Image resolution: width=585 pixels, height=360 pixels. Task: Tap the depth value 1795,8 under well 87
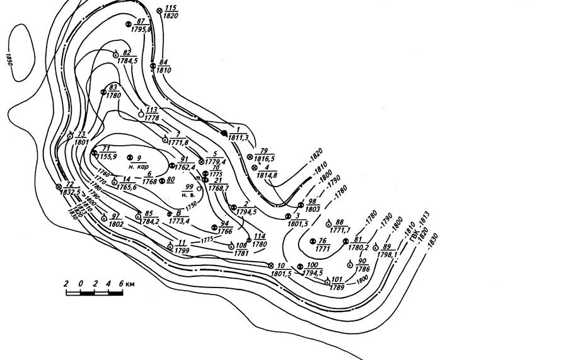pos(142,29)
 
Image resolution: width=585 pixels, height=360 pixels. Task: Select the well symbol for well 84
pos(153,65)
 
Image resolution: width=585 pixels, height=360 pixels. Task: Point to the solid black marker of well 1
pos(223,132)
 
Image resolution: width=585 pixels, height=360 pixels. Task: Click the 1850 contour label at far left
pos(9,60)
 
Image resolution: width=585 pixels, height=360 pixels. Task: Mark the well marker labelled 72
pos(59,187)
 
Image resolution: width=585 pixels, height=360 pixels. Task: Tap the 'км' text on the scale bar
pos(130,284)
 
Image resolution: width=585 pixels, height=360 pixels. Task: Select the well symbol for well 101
pos(327,282)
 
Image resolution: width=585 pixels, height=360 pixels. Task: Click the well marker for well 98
pos(301,205)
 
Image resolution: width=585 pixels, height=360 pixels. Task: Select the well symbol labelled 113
pos(141,114)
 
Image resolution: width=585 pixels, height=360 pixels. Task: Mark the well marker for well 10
pos(270,265)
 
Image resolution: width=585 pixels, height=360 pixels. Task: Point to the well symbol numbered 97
pos(104,218)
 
